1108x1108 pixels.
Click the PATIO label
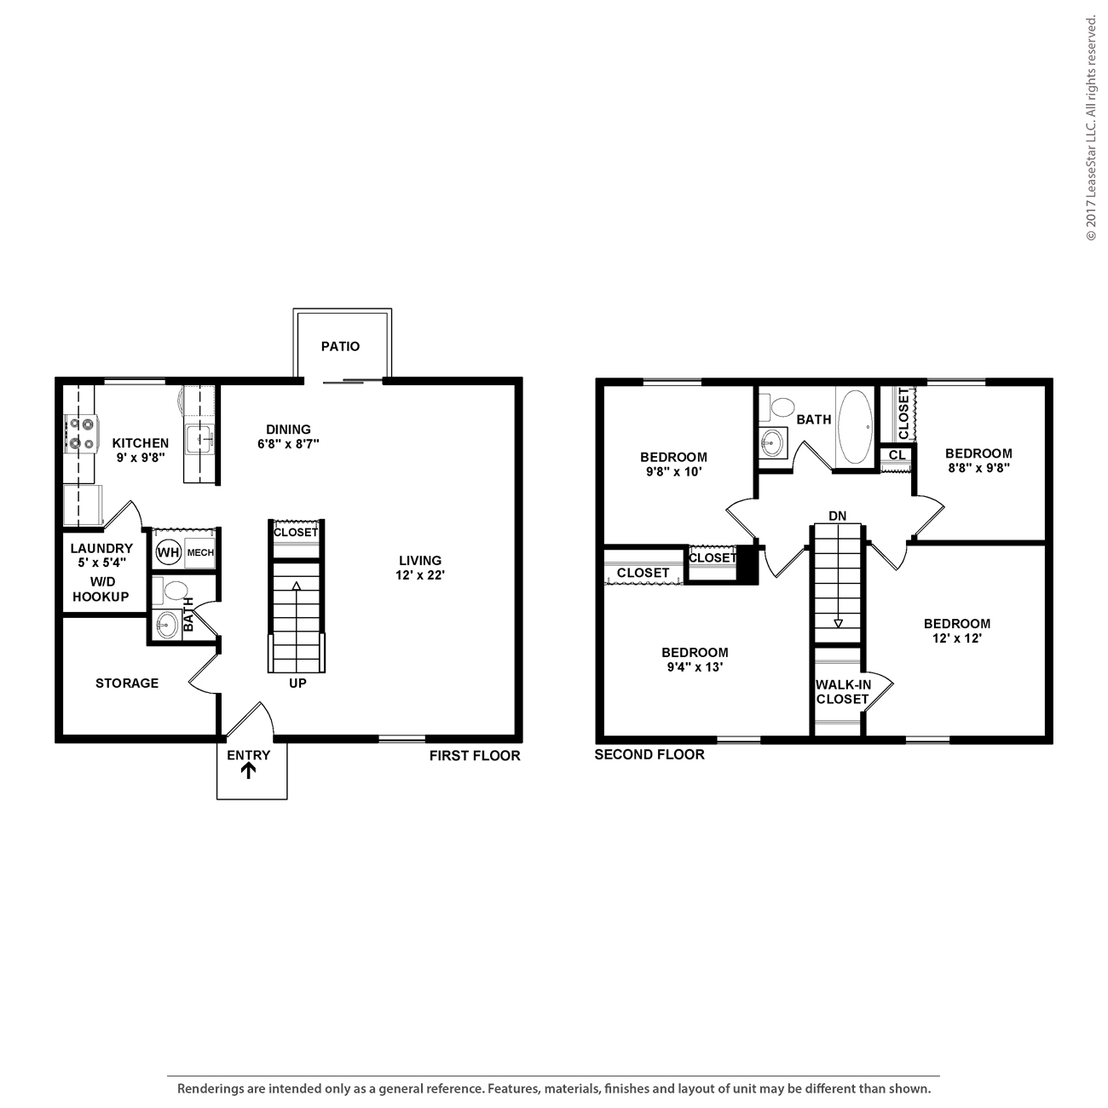[x=340, y=346]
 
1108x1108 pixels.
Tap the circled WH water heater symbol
[x=168, y=552]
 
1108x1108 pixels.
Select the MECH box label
[x=200, y=553]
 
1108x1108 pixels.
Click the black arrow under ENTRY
[x=248, y=771]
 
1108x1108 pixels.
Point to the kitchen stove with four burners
[x=82, y=432]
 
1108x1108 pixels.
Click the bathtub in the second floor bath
[x=855, y=426]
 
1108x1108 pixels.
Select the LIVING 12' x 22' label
[x=420, y=568]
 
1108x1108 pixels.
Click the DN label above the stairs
[x=837, y=516]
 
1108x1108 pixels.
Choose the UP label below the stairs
[x=297, y=684]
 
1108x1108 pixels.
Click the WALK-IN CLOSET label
[x=842, y=691]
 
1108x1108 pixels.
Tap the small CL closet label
[x=897, y=455]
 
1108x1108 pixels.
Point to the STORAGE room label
[x=127, y=683]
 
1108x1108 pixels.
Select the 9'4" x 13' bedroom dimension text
[x=695, y=667]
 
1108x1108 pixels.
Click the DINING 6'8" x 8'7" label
[x=288, y=436]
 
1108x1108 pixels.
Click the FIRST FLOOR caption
[x=474, y=755]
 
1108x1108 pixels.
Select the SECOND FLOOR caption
[x=649, y=754]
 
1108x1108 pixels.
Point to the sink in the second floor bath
[x=773, y=441]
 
